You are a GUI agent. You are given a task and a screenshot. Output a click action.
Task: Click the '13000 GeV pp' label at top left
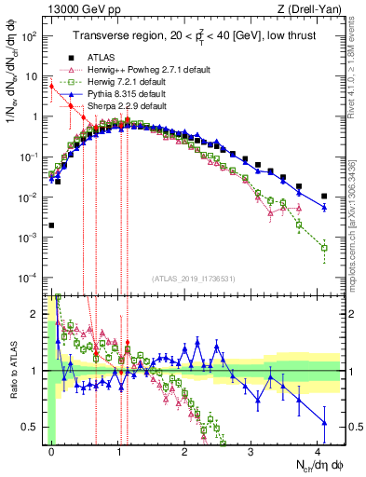pos(77,9)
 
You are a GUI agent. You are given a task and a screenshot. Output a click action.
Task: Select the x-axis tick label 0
pos(52,449)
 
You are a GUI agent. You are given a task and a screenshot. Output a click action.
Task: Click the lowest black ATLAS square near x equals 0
pos(52,225)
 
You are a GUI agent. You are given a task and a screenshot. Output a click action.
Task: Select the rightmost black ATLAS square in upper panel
pos(324,197)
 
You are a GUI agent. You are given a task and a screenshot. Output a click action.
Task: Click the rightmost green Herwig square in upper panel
pos(324,248)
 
